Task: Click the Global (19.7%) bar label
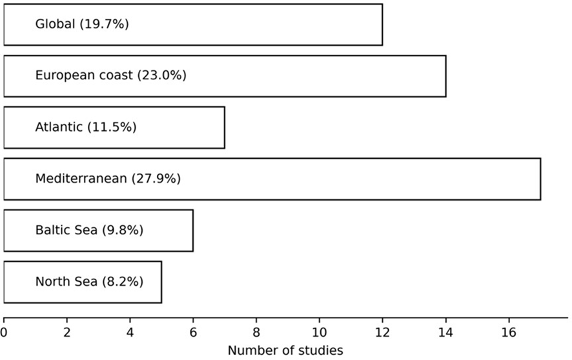coord(82,24)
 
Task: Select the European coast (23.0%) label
coord(110,75)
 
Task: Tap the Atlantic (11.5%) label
coord(86,127)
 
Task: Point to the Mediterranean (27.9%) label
coord(108,178)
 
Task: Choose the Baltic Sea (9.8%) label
coord(89,230)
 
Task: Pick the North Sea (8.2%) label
coord(89,281)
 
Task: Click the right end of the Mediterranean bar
coord(540,179)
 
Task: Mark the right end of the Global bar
coord(382,25)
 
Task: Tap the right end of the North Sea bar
coord(161,282)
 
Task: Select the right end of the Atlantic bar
coord(225,128)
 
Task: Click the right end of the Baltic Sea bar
coord(193,230)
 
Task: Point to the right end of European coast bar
coord(445,76)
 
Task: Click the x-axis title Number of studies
coord(285,350)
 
